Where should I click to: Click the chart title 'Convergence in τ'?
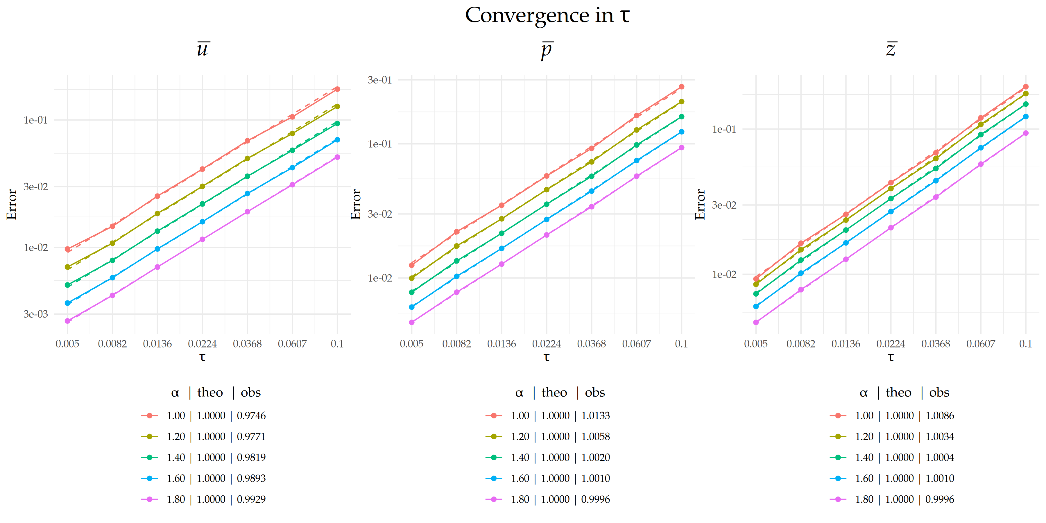coord(547,15)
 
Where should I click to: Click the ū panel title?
coord(203,49)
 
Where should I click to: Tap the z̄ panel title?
coord(891,49)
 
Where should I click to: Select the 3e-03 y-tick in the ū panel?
coord(36,314)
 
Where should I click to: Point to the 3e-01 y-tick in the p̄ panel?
coord(380,80)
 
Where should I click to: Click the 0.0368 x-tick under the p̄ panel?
coord(591,344)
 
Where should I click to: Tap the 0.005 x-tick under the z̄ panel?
coord(756,344)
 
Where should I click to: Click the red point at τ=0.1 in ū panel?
coord(337,89)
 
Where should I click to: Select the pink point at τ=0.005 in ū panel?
coord(68,321)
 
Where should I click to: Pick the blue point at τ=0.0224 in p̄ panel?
coord(547,219)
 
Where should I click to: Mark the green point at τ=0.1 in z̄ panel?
coord(1026,104)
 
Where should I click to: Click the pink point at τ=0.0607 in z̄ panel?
coord(981,164)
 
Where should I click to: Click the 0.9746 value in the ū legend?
coord(251,415)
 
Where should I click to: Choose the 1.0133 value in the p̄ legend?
coord(595,415)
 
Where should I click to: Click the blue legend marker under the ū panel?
coord(149,478)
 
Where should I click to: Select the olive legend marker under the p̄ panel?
coord(494,436)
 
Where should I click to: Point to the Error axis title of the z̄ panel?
coord(700,204)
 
